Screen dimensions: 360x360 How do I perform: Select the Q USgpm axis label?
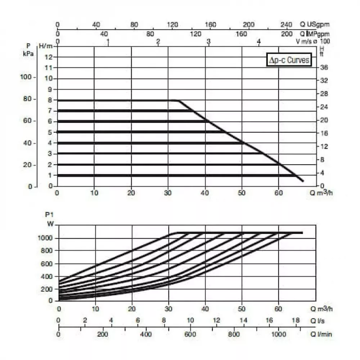315,25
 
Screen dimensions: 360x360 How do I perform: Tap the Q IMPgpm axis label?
315,33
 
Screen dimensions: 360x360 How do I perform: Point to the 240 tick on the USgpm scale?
286,25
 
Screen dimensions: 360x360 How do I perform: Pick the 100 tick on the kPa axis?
28,77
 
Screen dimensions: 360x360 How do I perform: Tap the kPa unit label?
29,52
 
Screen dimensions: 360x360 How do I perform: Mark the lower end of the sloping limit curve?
302,181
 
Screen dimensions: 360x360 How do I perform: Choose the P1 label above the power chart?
49,215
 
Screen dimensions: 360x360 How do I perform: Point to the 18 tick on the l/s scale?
296,320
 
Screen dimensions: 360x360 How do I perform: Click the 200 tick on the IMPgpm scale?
287,33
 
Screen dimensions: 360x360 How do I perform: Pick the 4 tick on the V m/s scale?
258,42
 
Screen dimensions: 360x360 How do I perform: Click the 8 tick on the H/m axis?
50,100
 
